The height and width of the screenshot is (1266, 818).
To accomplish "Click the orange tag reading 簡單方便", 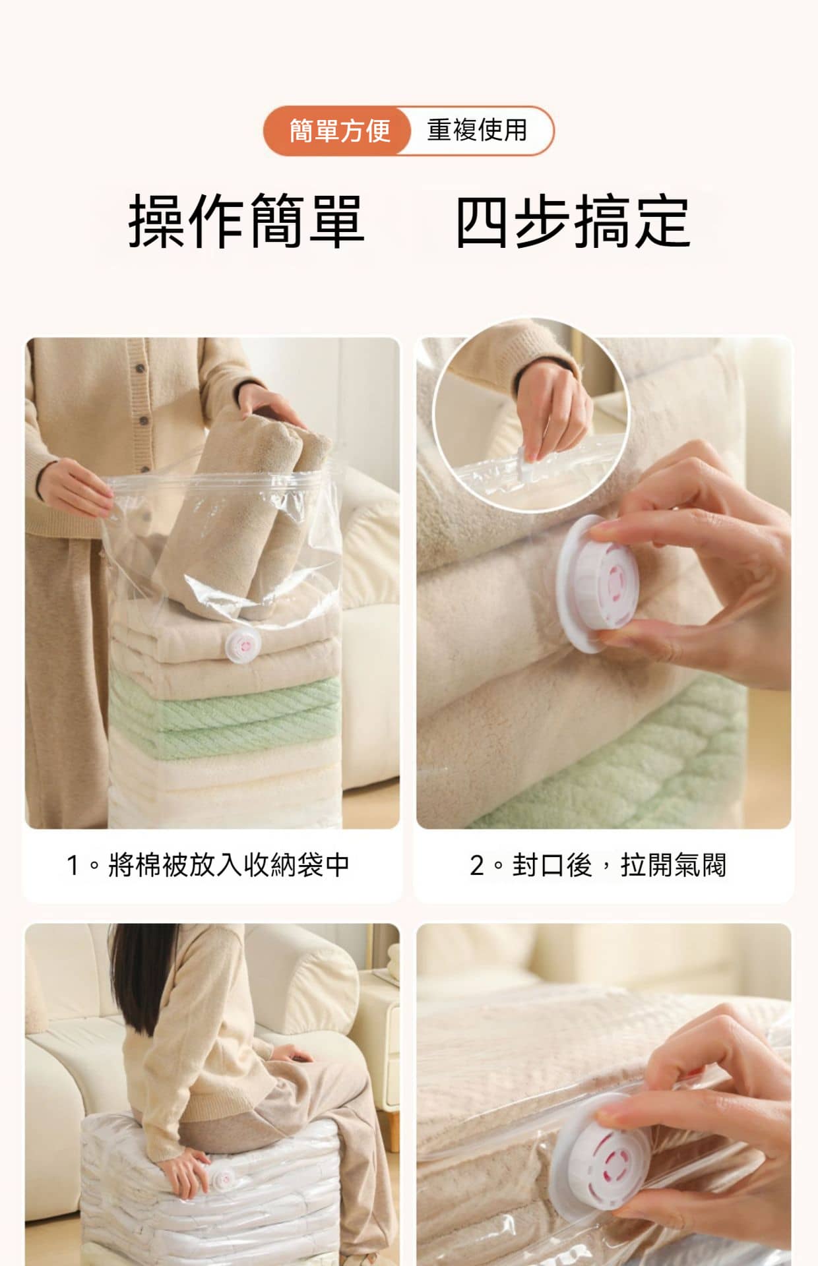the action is coord(339,131).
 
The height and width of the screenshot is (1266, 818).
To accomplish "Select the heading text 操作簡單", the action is coord(245,222).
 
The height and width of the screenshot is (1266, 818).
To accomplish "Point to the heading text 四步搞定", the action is coord(573,222).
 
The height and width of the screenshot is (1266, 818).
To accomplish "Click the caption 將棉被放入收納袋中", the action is coord(229,864).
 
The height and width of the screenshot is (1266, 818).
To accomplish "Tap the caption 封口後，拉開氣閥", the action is coord(619,864).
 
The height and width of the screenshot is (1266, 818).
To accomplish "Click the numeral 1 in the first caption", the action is coord(73,865).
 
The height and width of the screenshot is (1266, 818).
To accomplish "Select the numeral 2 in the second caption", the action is coord(477,865).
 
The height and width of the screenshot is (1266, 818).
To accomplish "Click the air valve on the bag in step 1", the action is coord(241,644).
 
